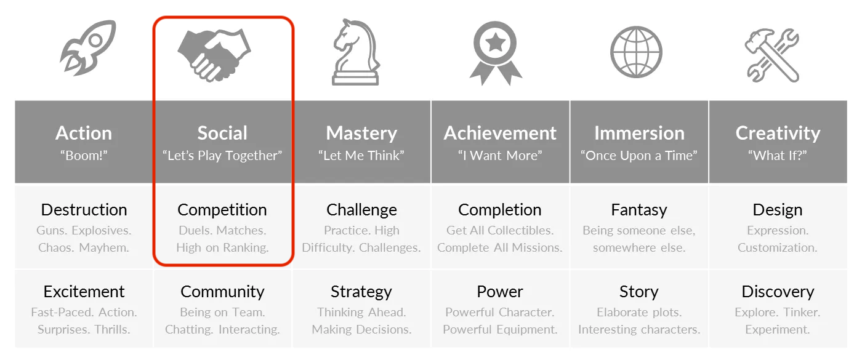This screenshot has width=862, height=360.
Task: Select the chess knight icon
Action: [355, 52]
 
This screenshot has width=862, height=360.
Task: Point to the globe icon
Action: [636, 52]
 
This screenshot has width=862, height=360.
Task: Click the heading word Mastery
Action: [361, 133]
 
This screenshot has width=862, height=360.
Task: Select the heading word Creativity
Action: [778, 133]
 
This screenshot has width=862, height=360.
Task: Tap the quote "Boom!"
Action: [84, 156]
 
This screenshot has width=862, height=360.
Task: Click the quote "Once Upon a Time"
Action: [638, 156]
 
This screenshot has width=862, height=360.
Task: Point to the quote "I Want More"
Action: [500, 156]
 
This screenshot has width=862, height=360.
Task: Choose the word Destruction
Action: [84, 210]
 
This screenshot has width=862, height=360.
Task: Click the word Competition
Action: [222, 210]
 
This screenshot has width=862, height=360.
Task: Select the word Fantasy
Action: [638, 210]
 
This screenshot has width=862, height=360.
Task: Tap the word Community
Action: [222, 292]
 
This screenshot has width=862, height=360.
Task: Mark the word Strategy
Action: [361, 292]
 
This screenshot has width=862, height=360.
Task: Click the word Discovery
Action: [778, 292]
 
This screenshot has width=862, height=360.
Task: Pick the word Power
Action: [500, 292]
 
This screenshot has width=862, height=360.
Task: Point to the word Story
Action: [638, 292]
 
